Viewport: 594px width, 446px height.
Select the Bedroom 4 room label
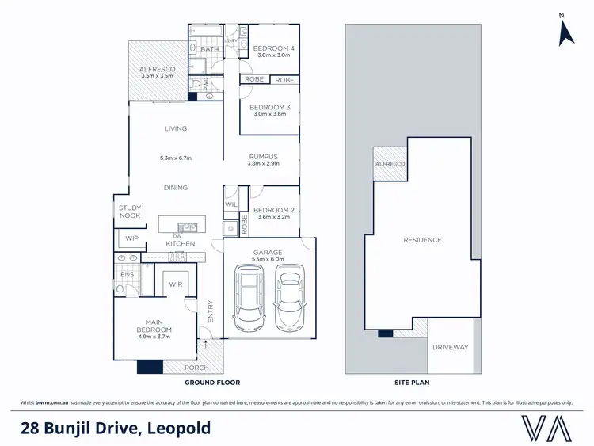tap(273, 48)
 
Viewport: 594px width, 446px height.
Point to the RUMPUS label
tap(262, 156)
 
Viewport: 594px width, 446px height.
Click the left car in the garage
tap(249, 297)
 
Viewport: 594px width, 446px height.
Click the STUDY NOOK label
tap(129, 212)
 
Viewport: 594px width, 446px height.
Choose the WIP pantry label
tap(131, 238)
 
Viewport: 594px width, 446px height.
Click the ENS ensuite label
tap(127, 275)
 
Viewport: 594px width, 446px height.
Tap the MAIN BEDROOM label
tap(154, 325)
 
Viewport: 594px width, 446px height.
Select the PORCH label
tap(196, 368)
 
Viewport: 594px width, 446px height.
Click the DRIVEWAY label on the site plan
tap(451, 347)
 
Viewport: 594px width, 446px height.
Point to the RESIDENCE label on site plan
tap(422, 240)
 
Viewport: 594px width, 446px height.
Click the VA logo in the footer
tap(546, 428)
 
